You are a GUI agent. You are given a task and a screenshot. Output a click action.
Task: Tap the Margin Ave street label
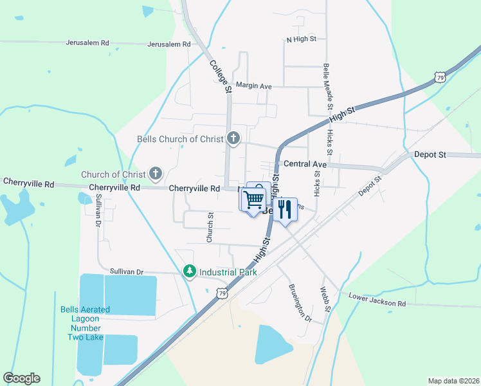click(254, 86)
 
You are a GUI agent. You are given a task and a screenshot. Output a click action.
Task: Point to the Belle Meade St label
click(327, 84)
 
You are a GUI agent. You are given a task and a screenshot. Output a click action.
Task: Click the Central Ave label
click(305, 165)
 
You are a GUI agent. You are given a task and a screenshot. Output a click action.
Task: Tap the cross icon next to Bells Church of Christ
click(233, 138)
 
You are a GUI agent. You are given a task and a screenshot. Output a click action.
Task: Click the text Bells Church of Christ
click(181, 139)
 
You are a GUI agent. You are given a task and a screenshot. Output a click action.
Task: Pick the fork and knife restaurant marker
click(285, 209)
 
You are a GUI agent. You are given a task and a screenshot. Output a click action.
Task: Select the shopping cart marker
click(253, 200)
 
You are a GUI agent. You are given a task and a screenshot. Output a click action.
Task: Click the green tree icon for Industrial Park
click(189, 271)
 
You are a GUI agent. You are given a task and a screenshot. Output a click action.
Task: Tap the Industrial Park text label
click(228, 272)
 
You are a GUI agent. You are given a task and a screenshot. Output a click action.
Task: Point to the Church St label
click(210, 228)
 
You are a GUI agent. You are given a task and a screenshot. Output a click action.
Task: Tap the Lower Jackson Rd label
click(377, 299)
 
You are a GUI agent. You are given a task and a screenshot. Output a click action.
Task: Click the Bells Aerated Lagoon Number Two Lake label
click(86, 323)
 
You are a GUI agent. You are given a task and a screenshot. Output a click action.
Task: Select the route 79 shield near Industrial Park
click(222, 292)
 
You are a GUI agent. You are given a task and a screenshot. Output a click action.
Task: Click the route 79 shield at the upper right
click(440, 78)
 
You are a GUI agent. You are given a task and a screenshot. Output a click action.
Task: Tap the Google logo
click(22, 378)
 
